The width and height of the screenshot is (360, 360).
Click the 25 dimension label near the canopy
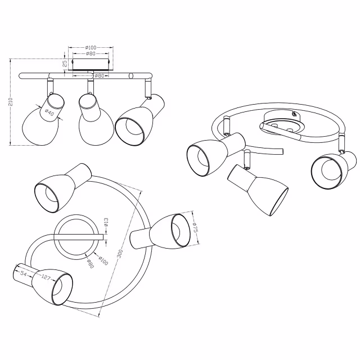click(64, 64)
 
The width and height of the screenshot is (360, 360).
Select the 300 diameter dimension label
click(119, 254)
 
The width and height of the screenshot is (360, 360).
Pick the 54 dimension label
click(23, 273)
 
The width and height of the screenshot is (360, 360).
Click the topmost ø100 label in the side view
click(91, 47)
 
